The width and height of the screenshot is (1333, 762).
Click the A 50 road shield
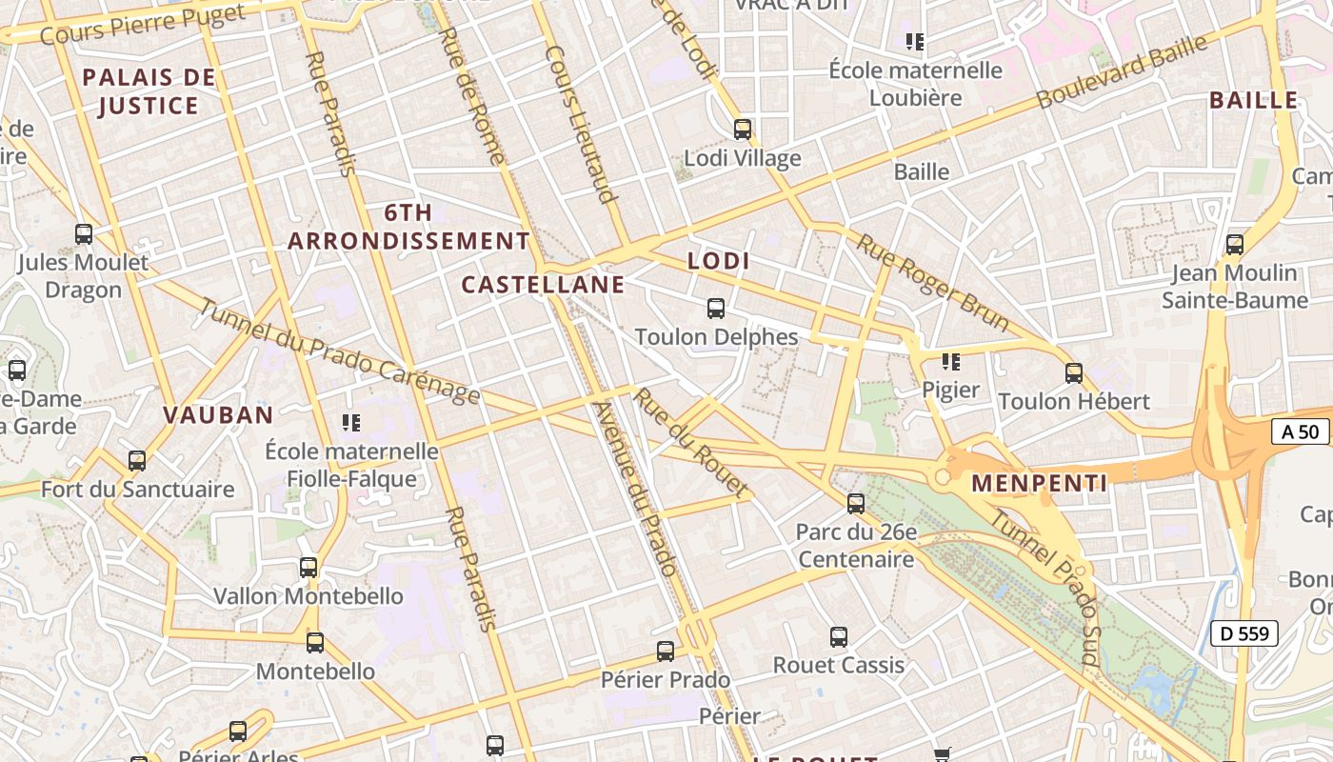[1301, 431]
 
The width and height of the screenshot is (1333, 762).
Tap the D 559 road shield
[1243, 632]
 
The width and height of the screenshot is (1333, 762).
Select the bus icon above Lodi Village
[743, 130]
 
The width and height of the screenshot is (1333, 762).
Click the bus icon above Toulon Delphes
[716, 309]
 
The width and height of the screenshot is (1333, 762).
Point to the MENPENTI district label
[1039, 484]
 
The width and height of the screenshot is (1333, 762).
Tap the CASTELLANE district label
[543, 284]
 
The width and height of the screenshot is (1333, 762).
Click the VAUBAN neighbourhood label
[218, 415]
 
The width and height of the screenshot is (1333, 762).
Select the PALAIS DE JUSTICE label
[149, 91]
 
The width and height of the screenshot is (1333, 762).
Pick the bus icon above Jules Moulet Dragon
[84, 234]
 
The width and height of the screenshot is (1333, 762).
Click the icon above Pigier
[950, 362]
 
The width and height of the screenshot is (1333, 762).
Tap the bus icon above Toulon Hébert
[1074, 373]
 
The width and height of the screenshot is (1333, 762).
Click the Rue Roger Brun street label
[932, 283]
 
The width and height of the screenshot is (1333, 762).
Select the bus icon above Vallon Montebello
[308, 568]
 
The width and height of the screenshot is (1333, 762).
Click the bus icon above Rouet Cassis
[838, 637]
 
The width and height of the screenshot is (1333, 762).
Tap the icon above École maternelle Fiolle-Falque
[350, 422]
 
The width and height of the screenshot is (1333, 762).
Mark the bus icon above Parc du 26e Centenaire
[856, 504]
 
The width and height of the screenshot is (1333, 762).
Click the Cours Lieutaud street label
[579, 124]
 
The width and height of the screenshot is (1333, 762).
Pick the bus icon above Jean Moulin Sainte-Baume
[1235, 245]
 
